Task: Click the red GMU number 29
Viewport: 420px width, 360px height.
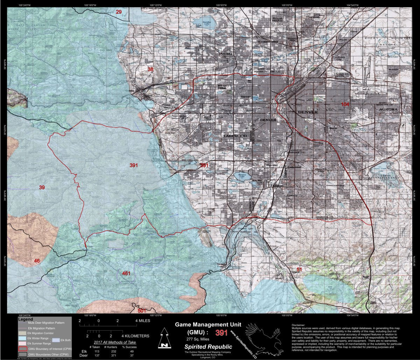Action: (x=119, y=12)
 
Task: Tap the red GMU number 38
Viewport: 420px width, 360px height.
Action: (x=150, y=69)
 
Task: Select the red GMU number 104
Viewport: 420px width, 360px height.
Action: (x=345, y=104)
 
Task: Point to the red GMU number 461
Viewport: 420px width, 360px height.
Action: (x=126, y=273)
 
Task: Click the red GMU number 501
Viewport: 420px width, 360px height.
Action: (x=142, y=310)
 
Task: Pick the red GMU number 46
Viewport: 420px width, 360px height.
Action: (x=37, y=261)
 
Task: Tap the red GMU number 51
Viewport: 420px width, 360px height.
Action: (x=299, y=269)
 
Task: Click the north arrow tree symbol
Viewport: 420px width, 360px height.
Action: (x=163, y=338)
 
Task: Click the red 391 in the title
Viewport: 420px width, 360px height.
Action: (x=222, y=333)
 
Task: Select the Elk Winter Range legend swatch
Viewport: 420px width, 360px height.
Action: (x=22, y=339)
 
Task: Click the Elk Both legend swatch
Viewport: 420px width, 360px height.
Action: (x=55, y=340)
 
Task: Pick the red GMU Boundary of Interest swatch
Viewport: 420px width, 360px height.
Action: (x=22, y=349)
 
